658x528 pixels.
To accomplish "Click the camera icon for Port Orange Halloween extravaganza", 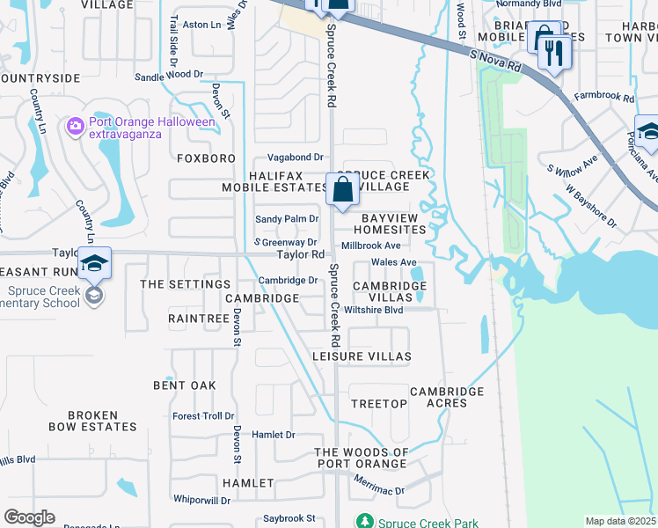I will [x=76, y=127].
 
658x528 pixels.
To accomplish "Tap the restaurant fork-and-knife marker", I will [x=554, y=52].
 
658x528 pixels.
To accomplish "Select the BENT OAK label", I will [x=184, y=385].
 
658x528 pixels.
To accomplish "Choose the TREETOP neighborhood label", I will [x=379, y=403].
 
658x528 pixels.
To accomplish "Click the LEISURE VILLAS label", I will [x=362, y=356].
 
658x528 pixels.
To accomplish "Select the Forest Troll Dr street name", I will [x=203, y=416].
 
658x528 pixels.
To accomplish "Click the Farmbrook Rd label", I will [x=603, y=97].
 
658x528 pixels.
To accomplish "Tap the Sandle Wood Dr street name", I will [x=169, y=77].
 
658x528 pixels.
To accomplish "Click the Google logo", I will [x=29, y=517].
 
